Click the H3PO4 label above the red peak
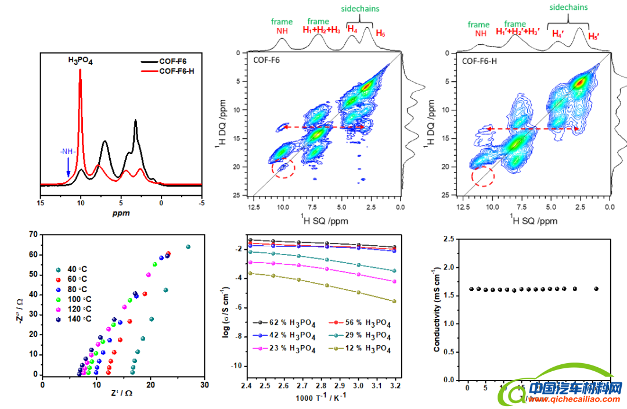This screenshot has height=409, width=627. click(x=80, y=60)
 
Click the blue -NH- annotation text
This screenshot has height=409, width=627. click(x=67, y=152)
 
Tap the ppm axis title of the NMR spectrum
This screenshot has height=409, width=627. click(x=121, y=213)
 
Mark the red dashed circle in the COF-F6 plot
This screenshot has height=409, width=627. click(x=283, y=168)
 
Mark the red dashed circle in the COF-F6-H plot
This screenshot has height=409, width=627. click(x=482, y=175)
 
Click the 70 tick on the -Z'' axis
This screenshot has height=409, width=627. click(x=34, y=235)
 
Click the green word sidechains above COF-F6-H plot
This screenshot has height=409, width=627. click(x=568, y=8)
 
